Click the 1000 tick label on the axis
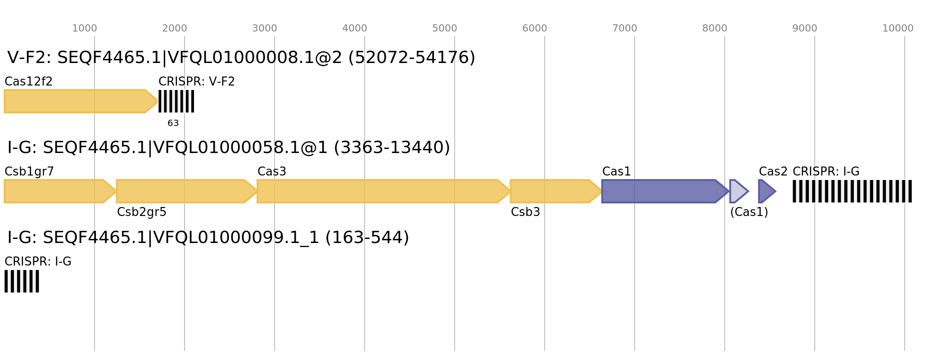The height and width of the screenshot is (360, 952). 85,28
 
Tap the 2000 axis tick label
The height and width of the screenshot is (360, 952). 175,28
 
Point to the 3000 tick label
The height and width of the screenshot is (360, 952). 265,28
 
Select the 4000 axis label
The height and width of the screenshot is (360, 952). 355,28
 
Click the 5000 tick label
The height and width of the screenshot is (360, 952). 445,28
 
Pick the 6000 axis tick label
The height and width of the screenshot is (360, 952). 535,28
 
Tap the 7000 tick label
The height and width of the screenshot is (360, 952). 625,28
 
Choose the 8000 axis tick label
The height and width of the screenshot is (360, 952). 715,28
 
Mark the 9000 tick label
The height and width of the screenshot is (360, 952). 805,28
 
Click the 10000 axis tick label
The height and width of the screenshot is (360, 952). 898,28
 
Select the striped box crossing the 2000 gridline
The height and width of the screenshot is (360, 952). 176,101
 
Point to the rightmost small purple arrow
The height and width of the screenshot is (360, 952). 766,191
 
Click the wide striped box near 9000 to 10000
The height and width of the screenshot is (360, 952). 852,191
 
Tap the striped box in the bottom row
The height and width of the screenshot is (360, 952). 22,281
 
